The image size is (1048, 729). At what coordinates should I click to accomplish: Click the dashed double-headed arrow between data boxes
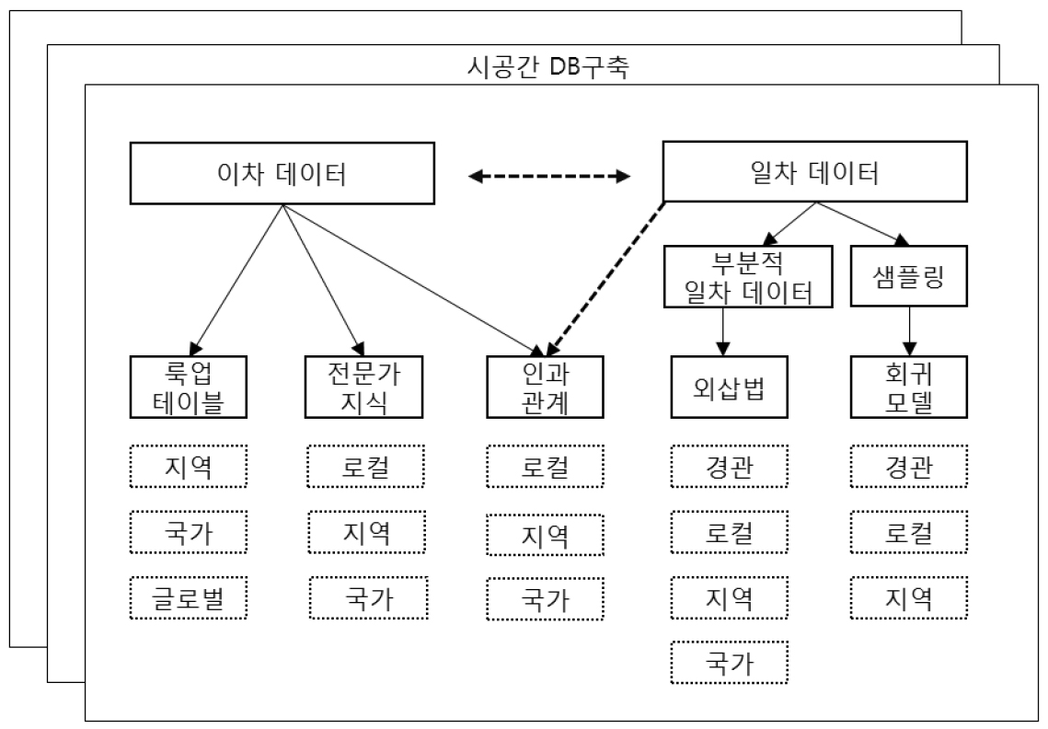(550, 175)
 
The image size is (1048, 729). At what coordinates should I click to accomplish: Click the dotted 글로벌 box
(190, 599)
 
